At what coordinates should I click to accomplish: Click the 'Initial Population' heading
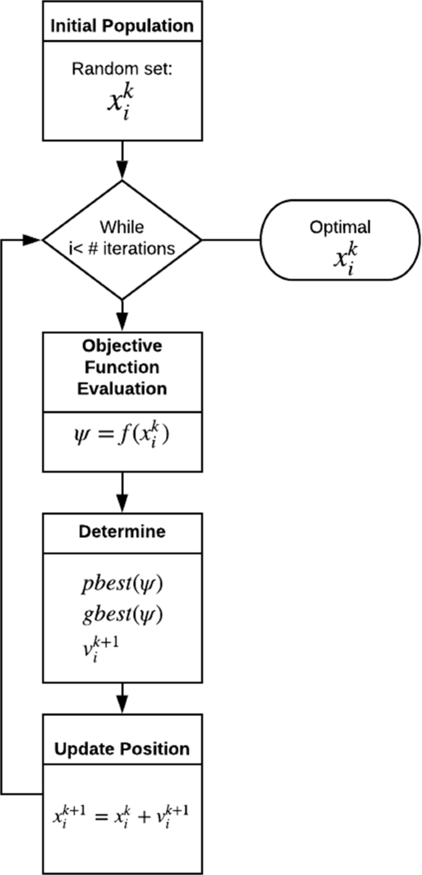[121, 26]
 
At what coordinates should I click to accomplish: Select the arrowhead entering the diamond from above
[121, 169]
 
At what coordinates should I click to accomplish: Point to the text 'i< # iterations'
[121, 249]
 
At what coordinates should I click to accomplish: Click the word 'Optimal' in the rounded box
[340, 227]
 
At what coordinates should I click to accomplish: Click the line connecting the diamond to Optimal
[231, 239]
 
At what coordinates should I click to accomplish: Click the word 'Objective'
[121, 346]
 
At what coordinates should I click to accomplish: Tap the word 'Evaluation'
[121, 389]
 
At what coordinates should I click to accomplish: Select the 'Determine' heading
[121, 532]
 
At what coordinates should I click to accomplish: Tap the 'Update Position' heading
[121, 749]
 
